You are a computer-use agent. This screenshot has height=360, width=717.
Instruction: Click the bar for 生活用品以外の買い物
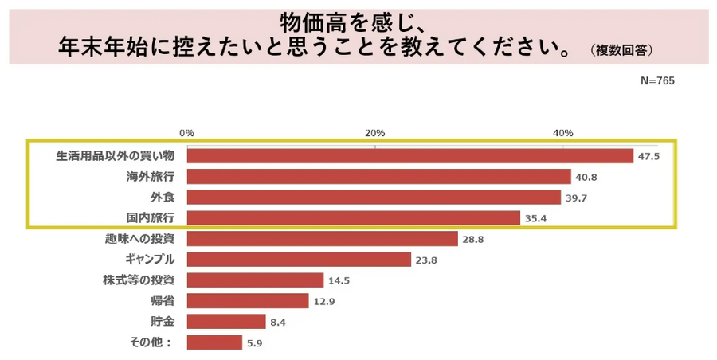[410, 156]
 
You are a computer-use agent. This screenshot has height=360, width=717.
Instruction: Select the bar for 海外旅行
[379, 177]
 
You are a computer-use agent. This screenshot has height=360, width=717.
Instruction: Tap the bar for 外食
[374, 198]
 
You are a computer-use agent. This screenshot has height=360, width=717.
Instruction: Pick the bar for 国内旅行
[354, 218]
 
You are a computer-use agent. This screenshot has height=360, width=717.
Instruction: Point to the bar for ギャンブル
[299, 260]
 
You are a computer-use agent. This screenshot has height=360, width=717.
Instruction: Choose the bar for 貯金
[226, 322]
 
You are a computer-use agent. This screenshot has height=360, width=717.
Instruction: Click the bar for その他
[214, 342]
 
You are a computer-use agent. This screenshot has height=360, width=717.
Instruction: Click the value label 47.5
[648, 157]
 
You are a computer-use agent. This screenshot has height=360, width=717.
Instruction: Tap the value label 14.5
[339, 280]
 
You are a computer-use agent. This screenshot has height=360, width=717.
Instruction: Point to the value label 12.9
[323, 301]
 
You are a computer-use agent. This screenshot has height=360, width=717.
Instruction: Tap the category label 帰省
[163, 301]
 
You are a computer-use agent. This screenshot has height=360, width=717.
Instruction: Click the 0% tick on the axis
[187, 132]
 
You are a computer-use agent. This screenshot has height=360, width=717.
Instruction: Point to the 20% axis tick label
[375, 132]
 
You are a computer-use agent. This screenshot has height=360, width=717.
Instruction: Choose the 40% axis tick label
[563, 132]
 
